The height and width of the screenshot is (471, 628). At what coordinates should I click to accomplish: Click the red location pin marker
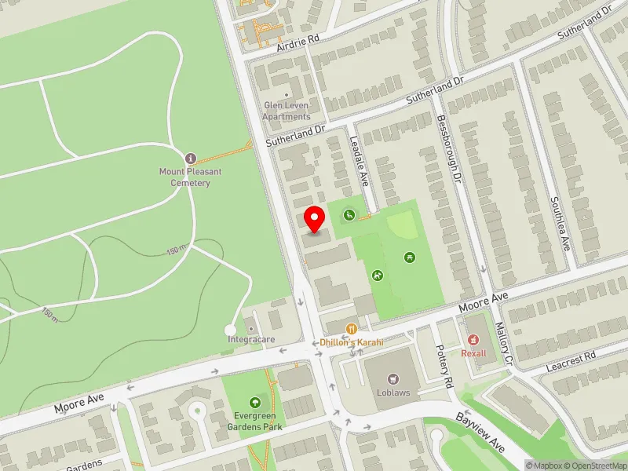(315, 219)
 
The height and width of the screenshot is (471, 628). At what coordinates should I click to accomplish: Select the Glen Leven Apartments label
(287, 111)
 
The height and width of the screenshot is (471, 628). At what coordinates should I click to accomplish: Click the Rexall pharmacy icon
(473, 340)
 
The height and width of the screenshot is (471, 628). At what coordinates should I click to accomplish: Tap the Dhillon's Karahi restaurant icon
(352, 328)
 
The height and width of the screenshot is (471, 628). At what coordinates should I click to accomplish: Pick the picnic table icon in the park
(409, 257)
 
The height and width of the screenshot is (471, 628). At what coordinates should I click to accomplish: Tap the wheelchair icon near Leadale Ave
(348, 214)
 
